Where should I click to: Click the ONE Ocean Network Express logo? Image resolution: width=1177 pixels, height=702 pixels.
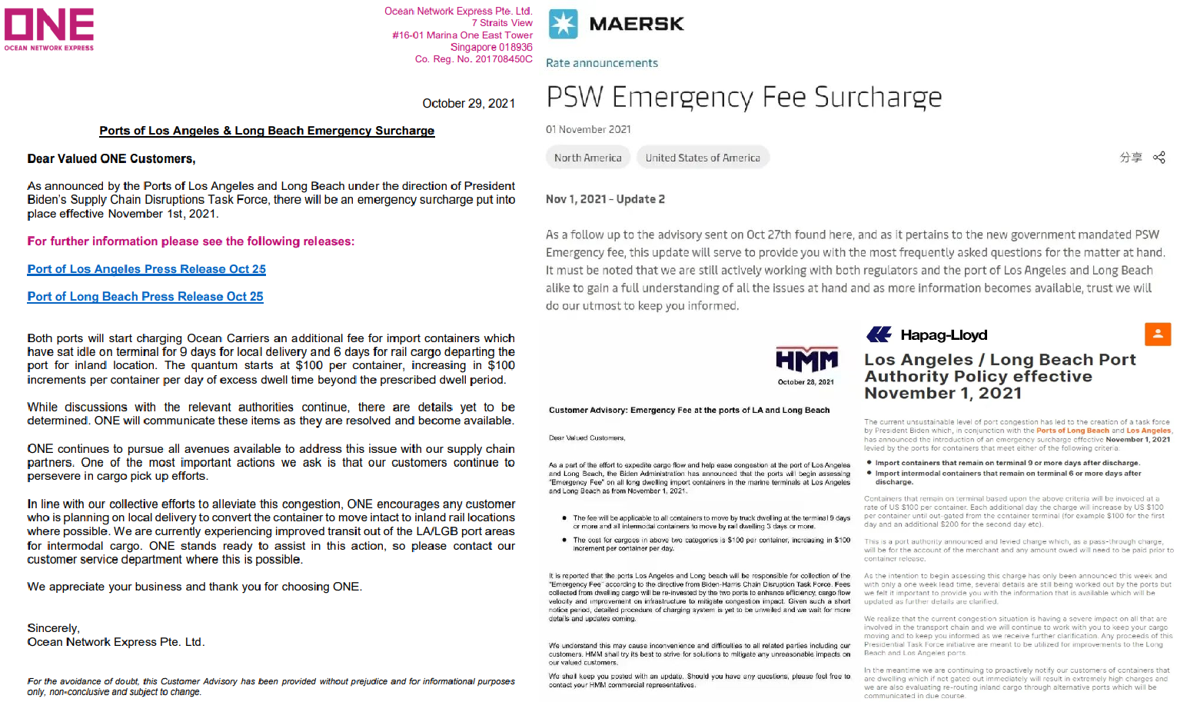click(49, 29)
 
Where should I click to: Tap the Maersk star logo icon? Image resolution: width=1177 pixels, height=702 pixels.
click(563, 25)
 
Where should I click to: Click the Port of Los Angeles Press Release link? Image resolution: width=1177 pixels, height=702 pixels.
click(146, 269)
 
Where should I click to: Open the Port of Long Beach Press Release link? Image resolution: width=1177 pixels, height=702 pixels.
click(145, 297)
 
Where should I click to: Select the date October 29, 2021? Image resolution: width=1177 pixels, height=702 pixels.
click(468, 104)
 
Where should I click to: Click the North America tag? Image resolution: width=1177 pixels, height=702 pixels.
click(587, 158)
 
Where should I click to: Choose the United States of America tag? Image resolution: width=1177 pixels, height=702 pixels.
click(702, 158)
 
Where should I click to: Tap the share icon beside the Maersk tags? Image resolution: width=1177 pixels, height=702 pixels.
click(1159, 158)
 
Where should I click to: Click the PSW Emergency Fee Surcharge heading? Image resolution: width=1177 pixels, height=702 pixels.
click(743, 98)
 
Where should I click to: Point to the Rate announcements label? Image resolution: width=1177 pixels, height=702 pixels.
click(601, 63)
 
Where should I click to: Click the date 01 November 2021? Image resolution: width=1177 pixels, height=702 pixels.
click(588, 130)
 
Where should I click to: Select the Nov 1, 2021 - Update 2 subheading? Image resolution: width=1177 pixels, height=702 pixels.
click(605, 199)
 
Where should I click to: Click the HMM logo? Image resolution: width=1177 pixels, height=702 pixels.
click(806, 360)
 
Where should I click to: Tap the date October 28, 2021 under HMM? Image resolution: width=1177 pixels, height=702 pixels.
click(805, 382)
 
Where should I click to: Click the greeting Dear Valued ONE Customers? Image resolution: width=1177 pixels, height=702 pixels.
click(111, 159)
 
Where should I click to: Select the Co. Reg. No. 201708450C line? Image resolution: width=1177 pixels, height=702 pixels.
click(473, 59)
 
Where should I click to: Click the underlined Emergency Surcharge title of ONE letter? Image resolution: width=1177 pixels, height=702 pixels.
click(267, 131)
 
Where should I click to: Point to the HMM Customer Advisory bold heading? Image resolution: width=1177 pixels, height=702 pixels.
click(689, 411)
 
